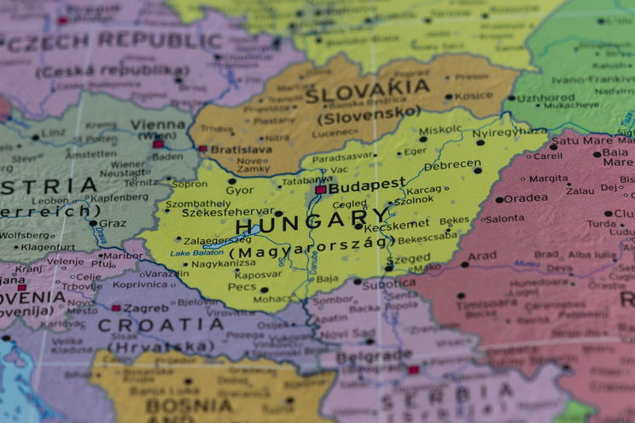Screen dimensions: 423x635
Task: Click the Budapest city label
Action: pyautogui.click(x=367, y=185)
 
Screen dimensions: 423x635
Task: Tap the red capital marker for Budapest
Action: pyautogui.click(x=321, y=190)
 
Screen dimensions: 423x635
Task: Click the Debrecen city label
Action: pyautogui.click(x=452, y=164)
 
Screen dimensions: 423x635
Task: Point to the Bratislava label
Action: pyautogui.click(x=241, y=149)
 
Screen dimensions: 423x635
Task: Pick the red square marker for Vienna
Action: pyautogui.click(x=158, y=144)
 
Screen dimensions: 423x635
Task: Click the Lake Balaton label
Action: pyautogui.click(x=197, y=253)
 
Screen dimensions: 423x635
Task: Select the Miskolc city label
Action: pyautogui.click(x=440, y=130)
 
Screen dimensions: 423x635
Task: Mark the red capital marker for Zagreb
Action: pyautogui.click(x=116, y=308)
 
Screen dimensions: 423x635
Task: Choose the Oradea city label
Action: pyautogui.click(x=526, y=198)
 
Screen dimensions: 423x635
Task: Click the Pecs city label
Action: pyautogui.click(x=242, y=288)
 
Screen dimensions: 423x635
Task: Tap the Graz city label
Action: pyautogui.click(x=113, y=223)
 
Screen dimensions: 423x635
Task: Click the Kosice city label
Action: pyautogui.click(x=474, y=97)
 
